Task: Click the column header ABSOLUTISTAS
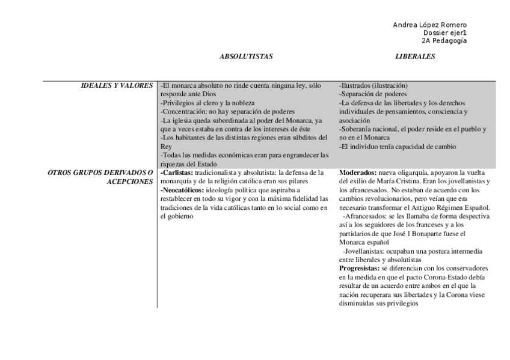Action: tap(246, 56)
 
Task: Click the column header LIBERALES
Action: tap(415, 56)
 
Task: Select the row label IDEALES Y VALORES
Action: tap(117, 86)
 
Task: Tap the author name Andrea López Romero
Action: tap(429, 25)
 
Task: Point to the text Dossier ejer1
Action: tap(445, 32)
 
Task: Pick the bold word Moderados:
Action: tap(359, 173)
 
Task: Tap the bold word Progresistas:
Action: tap(361, 267)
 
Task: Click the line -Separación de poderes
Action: tap(373, 94)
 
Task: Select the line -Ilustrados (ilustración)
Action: tap(373, 86)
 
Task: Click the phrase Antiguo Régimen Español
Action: tap(455, 207)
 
